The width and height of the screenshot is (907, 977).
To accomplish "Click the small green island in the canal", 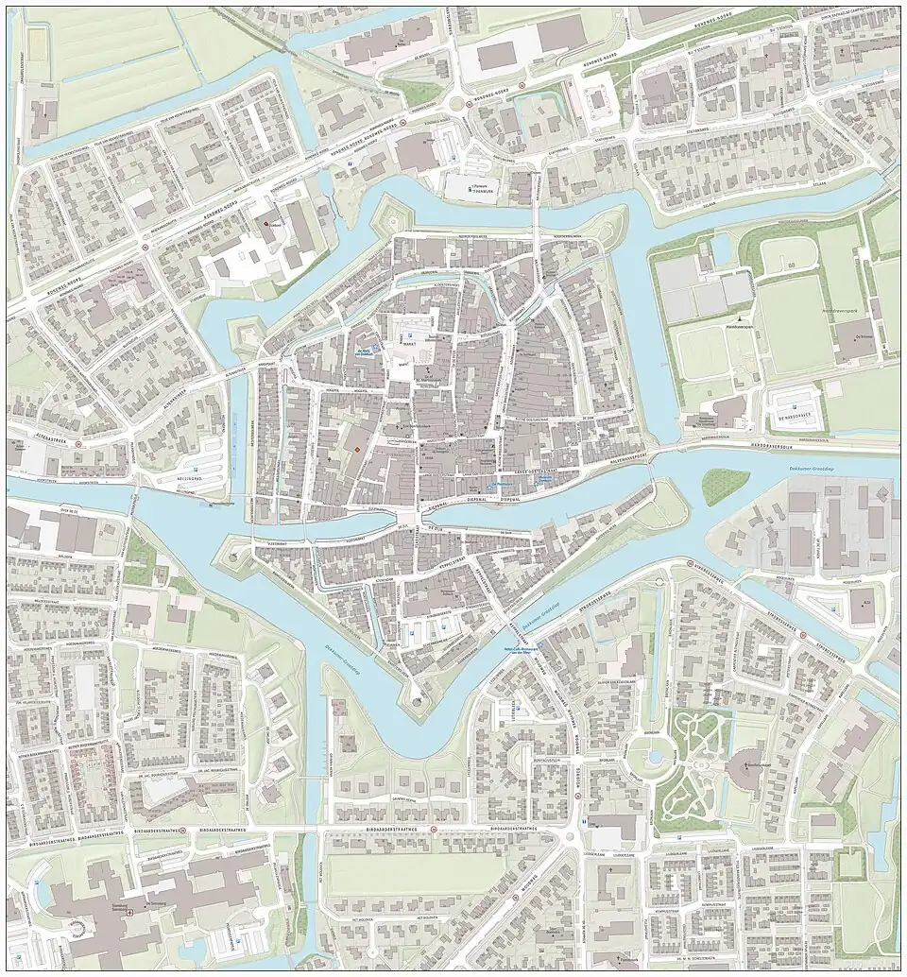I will click(x=725, y=487).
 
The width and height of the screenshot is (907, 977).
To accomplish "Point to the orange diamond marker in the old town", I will click(x=357, y=449).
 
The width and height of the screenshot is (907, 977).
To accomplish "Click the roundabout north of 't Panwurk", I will click(x=457, y=103).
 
